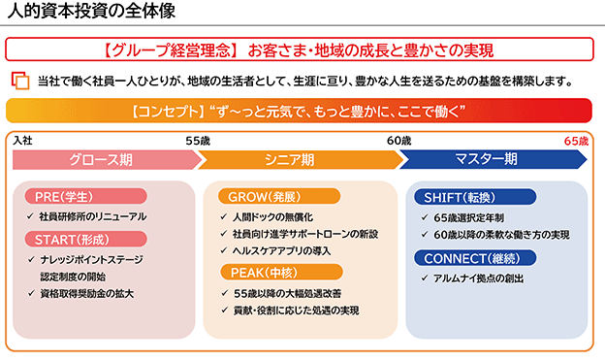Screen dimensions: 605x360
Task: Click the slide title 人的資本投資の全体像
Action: (x=91, y=11)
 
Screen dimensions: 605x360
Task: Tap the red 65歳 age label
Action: (x=576, y=141)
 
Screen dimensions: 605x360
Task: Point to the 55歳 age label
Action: (x=198, y=141)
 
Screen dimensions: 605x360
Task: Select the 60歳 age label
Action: (x=398, y=141)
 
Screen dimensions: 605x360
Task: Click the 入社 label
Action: (x=22, y=140)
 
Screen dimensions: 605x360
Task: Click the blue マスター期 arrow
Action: (x=494, y=159)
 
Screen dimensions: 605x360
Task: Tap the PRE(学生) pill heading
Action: (x=85, y=197)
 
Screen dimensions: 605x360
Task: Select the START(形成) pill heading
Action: (x=85, y=240)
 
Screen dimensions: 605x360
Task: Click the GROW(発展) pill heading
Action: (x=279, y=197)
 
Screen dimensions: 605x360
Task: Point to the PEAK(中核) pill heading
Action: (x=281, y=273)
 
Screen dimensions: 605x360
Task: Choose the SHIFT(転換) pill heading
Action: (x=475, y=197)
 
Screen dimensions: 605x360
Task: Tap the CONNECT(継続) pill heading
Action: (x=475, y=258)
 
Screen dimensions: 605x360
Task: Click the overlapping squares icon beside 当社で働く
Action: (x=20, y=81)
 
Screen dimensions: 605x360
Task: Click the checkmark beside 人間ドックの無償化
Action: (x=223, y=216)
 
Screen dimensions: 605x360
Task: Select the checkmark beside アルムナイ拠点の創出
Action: (x=425, y=278)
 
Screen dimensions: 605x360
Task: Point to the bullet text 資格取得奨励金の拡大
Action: (x=87, y=294)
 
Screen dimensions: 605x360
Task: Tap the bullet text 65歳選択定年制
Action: (x=468, y=218)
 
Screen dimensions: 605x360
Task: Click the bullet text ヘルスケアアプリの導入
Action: (x=282, y=251)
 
